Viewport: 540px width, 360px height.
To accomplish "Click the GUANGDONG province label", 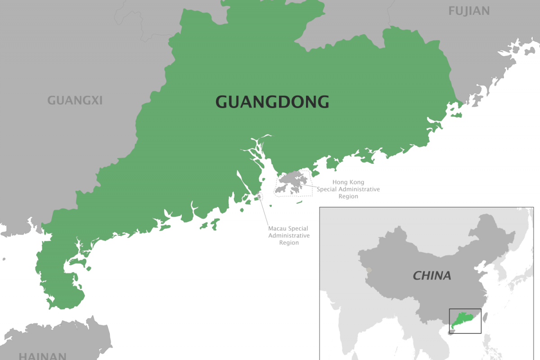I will [272, 102].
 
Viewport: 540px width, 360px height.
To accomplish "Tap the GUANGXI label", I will [75, 100].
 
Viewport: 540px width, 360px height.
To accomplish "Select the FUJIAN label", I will [469, 11].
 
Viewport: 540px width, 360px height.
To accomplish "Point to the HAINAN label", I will [42, 355].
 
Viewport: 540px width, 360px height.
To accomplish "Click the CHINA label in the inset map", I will [432, 275].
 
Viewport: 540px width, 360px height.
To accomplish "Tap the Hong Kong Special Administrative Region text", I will [348, 189].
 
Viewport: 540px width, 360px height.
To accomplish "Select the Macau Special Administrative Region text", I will [288, 235].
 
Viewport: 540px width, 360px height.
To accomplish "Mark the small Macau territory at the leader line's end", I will [259, 197].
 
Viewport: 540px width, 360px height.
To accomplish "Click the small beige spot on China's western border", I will [369, 270].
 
